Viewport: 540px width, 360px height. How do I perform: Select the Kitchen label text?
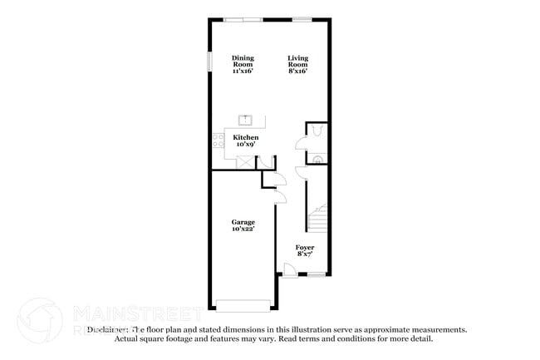[245, 137]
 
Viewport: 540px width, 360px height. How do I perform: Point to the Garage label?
[243, 222]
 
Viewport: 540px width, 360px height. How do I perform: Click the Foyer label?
[305, 247]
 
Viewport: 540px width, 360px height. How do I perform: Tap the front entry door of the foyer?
[287, 269]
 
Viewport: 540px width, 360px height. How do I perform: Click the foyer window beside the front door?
[317, 275]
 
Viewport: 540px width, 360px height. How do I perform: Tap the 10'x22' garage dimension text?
[243, 229]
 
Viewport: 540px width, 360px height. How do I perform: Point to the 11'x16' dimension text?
[243, 72]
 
